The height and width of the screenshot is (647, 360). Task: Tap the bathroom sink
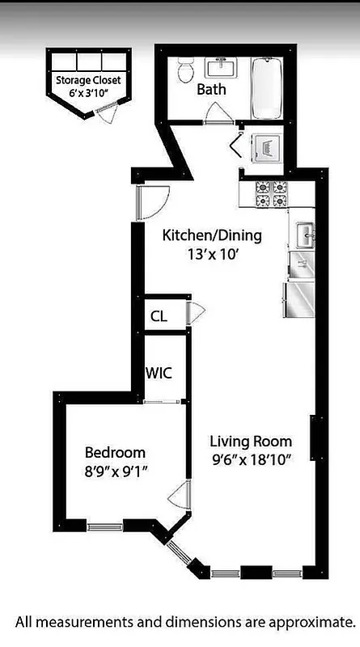point(218,67)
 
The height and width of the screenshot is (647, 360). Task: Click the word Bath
point(211,90)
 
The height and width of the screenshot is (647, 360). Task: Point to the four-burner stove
point(272,194)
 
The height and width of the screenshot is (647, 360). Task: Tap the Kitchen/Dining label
point(212,235)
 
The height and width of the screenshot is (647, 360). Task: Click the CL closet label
point(159,316)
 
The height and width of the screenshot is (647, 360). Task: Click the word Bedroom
point(115,452)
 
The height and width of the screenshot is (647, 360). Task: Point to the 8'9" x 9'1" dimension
point(115,470)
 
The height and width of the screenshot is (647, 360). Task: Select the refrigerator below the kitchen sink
point(300,299)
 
